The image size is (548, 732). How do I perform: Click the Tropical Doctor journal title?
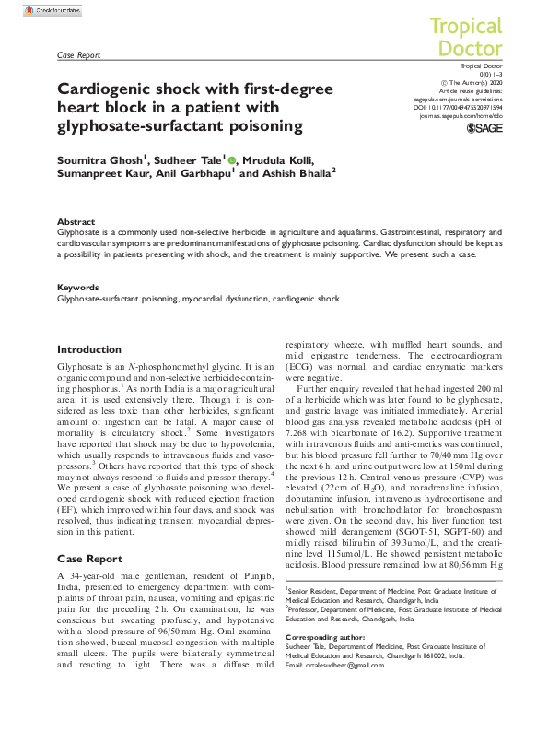click(466, 37)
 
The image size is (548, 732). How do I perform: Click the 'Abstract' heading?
click(76, 222)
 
